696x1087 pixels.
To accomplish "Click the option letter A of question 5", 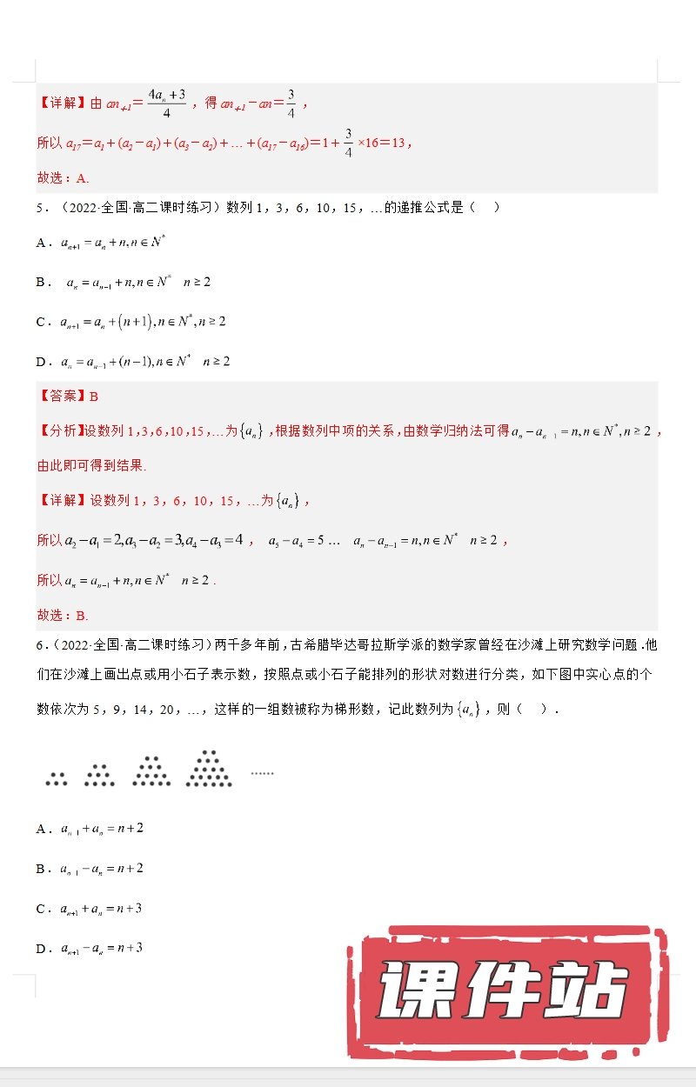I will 41,243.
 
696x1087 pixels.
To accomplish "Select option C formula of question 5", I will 143,322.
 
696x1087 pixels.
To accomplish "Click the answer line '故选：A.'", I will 63,178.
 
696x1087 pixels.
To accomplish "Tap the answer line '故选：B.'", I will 63,616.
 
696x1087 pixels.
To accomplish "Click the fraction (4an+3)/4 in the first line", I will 164,101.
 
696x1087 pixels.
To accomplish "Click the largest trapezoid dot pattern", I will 209,769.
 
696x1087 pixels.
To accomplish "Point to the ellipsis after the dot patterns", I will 262,772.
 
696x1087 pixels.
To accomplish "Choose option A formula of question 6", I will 102,829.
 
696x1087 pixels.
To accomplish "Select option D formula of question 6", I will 102,948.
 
